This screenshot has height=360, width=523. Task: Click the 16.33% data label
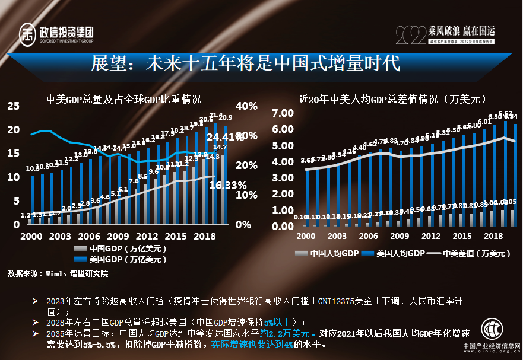[228, 185]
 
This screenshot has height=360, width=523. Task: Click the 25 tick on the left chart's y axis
[13, 106]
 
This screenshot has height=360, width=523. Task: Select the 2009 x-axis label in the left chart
[118, 236]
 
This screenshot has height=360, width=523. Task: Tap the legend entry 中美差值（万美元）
[472, 253]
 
